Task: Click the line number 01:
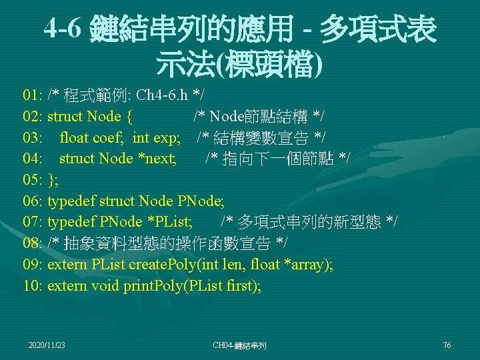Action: [x=33, y=95]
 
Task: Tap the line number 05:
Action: [x=33, y=180]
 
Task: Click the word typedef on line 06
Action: [x=71, y=201]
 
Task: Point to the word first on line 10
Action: [x=242, y=286]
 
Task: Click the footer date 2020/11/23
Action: [x=47, y=345]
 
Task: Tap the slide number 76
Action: [x=447, y=345]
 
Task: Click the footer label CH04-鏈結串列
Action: [x=239, y=345]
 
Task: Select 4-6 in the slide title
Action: [x=65, y=29]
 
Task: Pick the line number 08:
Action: [x=33, y=243]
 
